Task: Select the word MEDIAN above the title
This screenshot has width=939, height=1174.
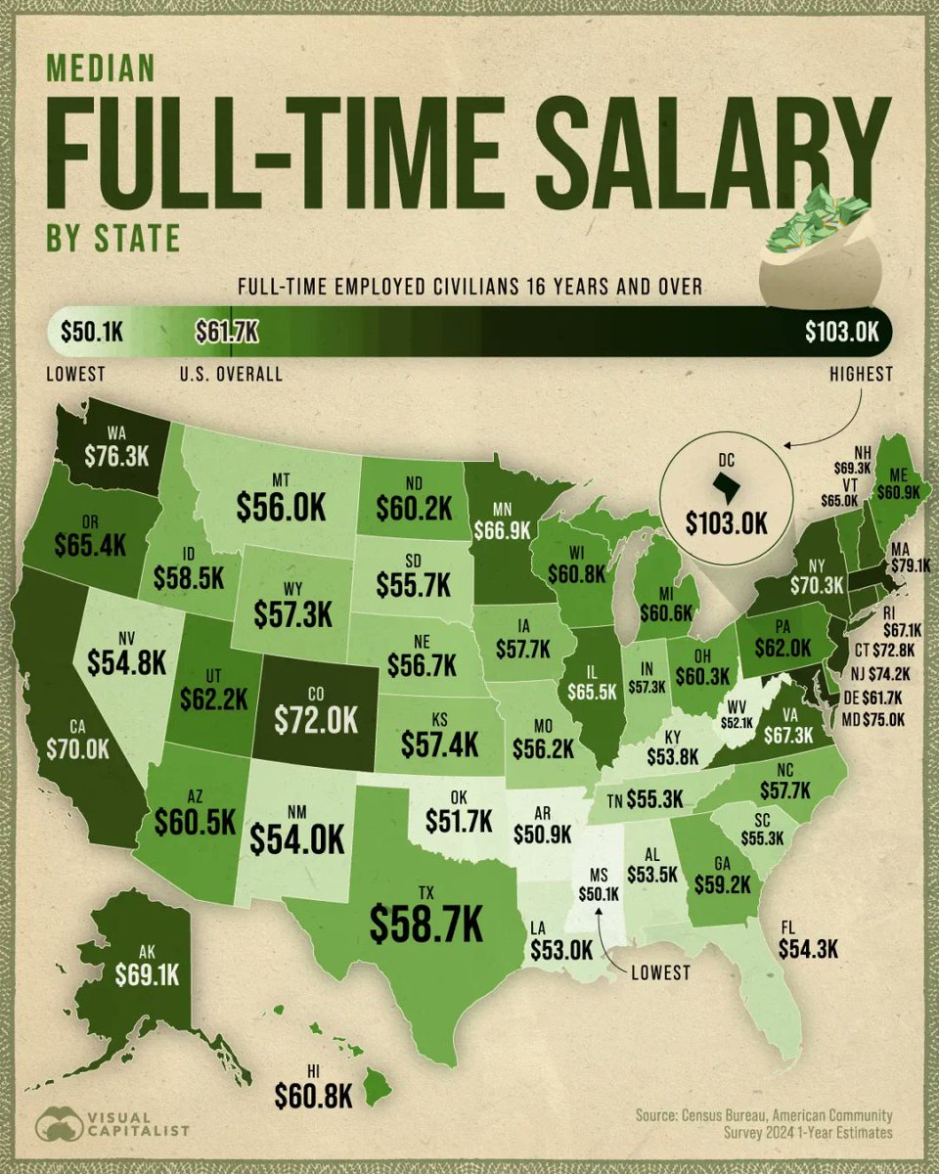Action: click(x=101, y=68)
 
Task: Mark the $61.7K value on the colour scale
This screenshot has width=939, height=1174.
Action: click(x=226, y=332)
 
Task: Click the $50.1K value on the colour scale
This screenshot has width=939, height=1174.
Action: click(x=90, y=332)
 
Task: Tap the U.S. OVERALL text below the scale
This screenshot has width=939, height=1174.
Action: click(x=231, y=374)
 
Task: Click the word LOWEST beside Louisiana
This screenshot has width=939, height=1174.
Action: click(x=659, y=972)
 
